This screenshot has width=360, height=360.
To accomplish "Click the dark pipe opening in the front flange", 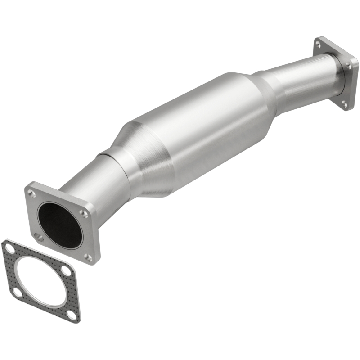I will click(60, 225).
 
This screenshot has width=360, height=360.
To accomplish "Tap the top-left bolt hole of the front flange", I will click(31, 193).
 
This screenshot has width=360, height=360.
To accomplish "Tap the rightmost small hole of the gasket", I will click(66, 271).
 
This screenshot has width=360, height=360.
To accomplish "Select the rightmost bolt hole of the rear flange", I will click(349, 66).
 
